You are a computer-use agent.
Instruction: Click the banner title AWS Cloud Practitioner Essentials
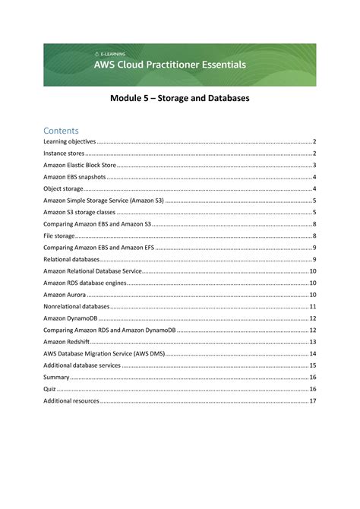(x=169, y=65)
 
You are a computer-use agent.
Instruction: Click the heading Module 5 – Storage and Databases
(x=180, y=99)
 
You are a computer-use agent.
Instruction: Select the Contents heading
(x=62, y=130)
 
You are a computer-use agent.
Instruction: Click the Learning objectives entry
(x=70, y=141)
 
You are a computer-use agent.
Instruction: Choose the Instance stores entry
(x=64, y=153)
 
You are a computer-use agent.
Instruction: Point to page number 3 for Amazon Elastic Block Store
(x=314, y=165)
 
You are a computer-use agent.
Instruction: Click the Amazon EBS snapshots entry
(x=74, y=177)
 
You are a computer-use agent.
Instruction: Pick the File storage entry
(x=59, y=236)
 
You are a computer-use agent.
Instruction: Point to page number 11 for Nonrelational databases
(x=312, y=306)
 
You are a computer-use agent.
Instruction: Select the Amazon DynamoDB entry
(x=68, y=318)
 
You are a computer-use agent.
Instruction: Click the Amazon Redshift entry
(x=66, y=342)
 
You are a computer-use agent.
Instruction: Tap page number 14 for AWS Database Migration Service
(x=312, y=353)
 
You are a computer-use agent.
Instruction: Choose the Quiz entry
(x=49, y=389)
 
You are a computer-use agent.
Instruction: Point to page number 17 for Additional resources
(x=312, y=400)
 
